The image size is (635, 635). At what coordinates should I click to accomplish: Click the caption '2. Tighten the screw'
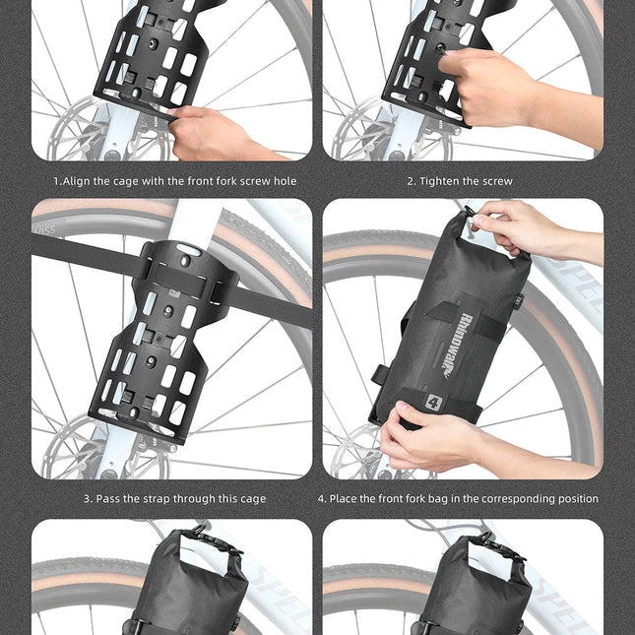(460, 181)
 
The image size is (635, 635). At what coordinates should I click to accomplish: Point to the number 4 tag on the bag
(433, 402)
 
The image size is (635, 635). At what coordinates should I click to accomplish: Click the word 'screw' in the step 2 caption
(496, 181)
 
